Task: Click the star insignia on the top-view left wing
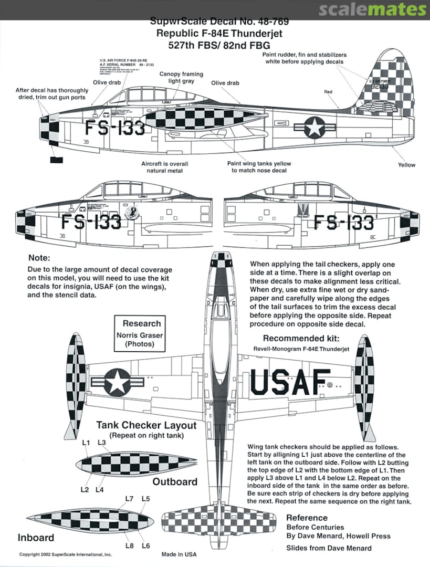117,381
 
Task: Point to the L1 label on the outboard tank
87,443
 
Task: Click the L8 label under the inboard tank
130,545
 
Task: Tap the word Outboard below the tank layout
175,481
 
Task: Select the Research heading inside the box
141,323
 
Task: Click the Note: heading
39,258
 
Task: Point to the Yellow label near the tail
406,165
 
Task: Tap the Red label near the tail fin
328,92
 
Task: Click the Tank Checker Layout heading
146,425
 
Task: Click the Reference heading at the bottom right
307,518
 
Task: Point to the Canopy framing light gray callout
181,78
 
